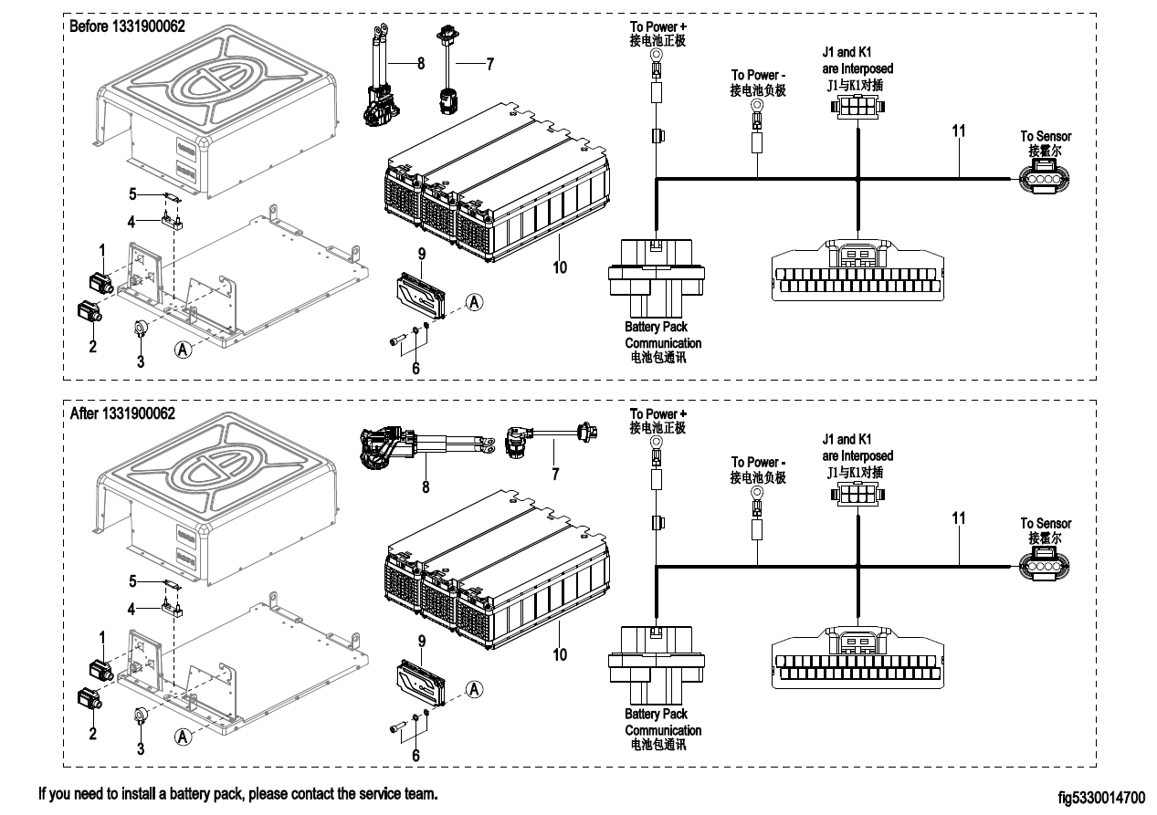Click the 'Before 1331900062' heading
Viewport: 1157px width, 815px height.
tap(127, 26)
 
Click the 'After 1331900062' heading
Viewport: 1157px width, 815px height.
tap(122, 413)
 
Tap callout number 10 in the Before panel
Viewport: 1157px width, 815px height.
tap(560, 267)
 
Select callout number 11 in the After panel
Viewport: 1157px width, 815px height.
tap(959, 517)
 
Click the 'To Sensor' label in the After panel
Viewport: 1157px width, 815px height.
tap(1046, 524)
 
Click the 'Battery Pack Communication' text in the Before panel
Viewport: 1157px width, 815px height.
tap(663, 335)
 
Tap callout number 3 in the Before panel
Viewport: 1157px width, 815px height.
tap(141, 361)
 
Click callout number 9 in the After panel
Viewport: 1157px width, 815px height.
tap(422, 642)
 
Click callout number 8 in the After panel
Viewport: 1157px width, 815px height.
tap(426, 486)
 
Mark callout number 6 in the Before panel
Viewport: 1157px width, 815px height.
tap(416, 368)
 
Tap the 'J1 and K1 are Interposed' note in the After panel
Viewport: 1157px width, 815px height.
tap(857, 447)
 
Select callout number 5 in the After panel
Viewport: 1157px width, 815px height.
tap(132, 580)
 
